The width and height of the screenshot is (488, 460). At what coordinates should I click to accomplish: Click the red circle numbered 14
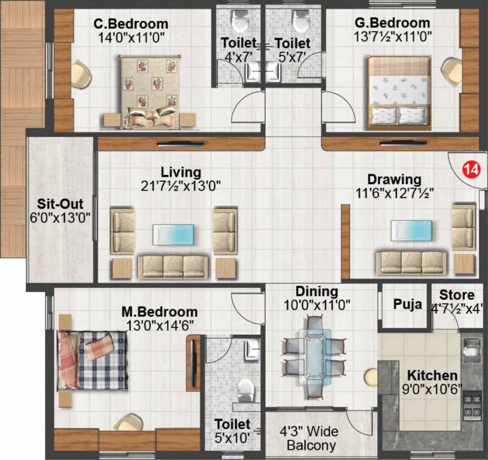471,170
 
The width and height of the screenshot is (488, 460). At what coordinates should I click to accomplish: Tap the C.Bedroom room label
131,24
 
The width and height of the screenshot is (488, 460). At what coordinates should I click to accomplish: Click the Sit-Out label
60,203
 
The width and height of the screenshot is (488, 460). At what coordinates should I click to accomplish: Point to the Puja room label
407,304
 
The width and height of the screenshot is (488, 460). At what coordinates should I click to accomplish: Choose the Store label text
457,295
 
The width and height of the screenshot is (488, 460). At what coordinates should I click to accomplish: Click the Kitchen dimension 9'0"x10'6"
432,389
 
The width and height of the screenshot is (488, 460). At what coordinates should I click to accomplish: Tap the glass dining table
314,356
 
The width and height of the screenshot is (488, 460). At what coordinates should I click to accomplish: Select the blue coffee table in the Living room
173,234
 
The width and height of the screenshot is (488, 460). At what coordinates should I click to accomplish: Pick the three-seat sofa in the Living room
173,266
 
